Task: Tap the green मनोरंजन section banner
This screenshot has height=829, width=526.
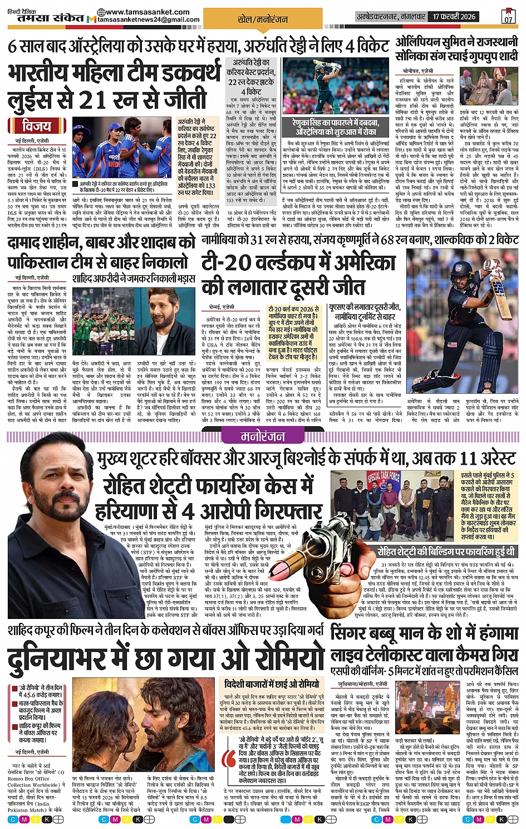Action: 263,437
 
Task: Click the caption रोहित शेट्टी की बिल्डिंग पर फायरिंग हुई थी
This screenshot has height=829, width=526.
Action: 446,552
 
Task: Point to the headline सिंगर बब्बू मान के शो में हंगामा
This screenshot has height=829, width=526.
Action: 425,633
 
